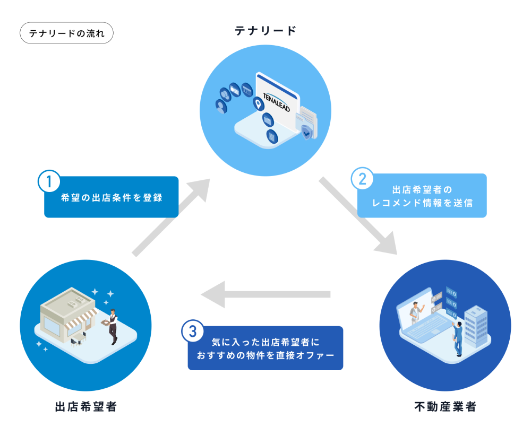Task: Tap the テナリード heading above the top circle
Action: point(265,30)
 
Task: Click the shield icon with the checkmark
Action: point(306,132)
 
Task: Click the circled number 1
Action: point(49,181)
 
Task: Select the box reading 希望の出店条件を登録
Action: point(111,197)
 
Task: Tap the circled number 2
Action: point(362,179)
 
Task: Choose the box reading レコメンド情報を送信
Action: point(422,196)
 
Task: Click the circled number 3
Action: point(192,332)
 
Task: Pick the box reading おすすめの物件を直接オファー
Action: point(265,348)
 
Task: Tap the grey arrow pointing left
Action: point(265,294)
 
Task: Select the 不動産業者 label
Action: point(445,407)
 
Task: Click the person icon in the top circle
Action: point(220,107)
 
